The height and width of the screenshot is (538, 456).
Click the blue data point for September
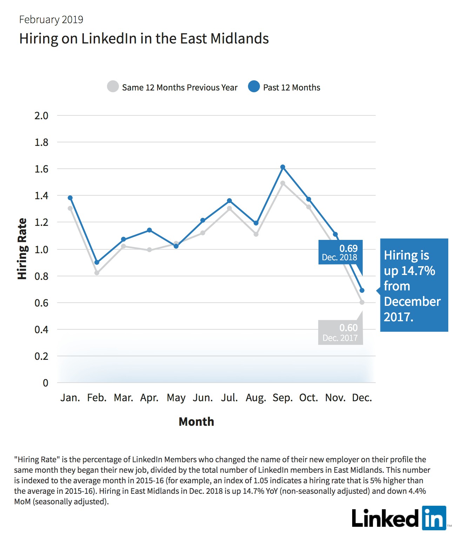click(x=283, y=167)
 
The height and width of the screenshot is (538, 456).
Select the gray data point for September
click(x=283, y=183)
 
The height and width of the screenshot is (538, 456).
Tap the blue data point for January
click(x=70, y=198)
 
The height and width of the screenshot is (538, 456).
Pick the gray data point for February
click(x=97, y=273)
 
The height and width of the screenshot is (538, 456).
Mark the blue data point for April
click(x=149, y=230)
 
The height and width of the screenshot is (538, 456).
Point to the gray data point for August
click(x=256, y=234)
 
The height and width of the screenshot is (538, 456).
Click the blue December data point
click(x=362, y=290)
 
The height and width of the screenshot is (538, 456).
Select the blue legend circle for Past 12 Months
click(x=254, y=86)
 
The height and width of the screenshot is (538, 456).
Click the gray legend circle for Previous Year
click(x=113, y=86)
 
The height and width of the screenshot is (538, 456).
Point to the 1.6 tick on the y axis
click(x=41, y=169)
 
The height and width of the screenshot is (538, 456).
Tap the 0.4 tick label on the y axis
click(x=41, y=330)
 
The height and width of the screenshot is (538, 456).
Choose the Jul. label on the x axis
click(x=229, y=398)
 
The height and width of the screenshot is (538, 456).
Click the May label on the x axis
click(x=176, y=398)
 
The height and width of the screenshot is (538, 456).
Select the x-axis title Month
click(x=196, y=422)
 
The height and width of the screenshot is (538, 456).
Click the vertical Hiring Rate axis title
click(x=22, y=249)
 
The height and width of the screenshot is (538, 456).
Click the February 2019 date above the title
click(x=51, y=20)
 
